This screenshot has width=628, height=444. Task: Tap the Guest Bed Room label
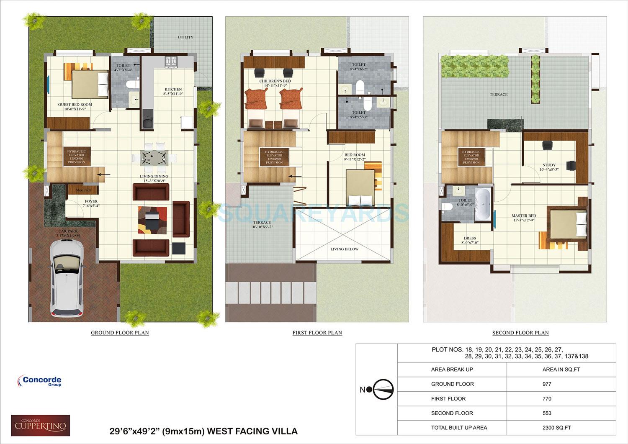click(x=75, y=105)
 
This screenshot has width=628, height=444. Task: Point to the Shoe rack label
click(x=83, y=190)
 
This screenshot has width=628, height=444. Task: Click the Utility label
click(x=185, y=37)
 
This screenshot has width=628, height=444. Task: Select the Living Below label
click(x=344, y=249)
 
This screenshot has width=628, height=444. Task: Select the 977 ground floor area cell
click(x=547, y=384)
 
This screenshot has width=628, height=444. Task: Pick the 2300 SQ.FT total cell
click(x=556, y=428)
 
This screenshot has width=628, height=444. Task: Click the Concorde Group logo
click(x=40, y=381)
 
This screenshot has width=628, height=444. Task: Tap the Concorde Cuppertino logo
click(x=41, y=426)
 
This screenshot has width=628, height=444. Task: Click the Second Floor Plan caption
click(x=520, y=333)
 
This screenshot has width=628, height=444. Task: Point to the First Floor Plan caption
click(x=317, y=333)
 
